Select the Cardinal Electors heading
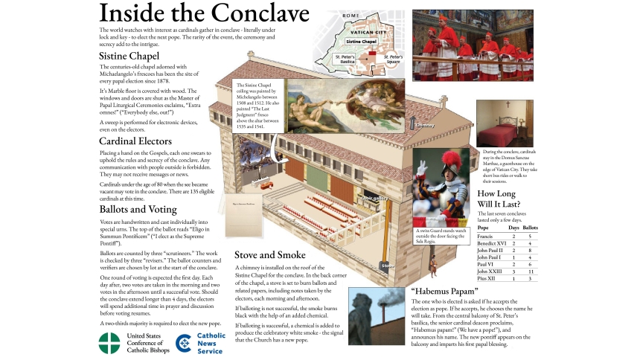click(135, 141)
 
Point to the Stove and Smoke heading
click(270, 255)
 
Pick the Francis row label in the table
click(487, 235)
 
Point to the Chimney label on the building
click(424, 126)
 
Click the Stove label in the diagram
click(388, 266)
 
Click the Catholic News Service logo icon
click(184, 342)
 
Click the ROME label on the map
click(351, 16)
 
